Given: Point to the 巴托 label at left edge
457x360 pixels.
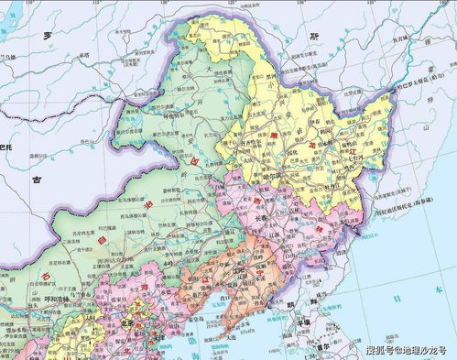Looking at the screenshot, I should [x=7, y=147].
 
